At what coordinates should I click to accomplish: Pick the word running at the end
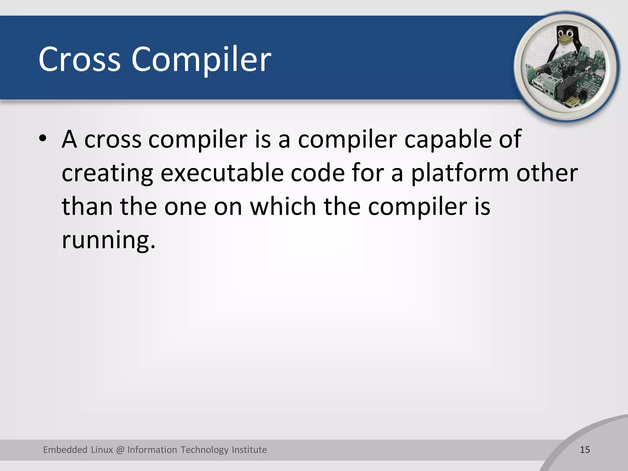click(x=108, y=240)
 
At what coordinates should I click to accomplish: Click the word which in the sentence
click(x=283, y=206)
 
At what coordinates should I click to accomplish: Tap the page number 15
click(x=585, y=450)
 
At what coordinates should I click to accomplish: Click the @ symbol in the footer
click(x=120, y=450)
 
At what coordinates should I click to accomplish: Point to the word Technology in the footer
click(x=205, y=450)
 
